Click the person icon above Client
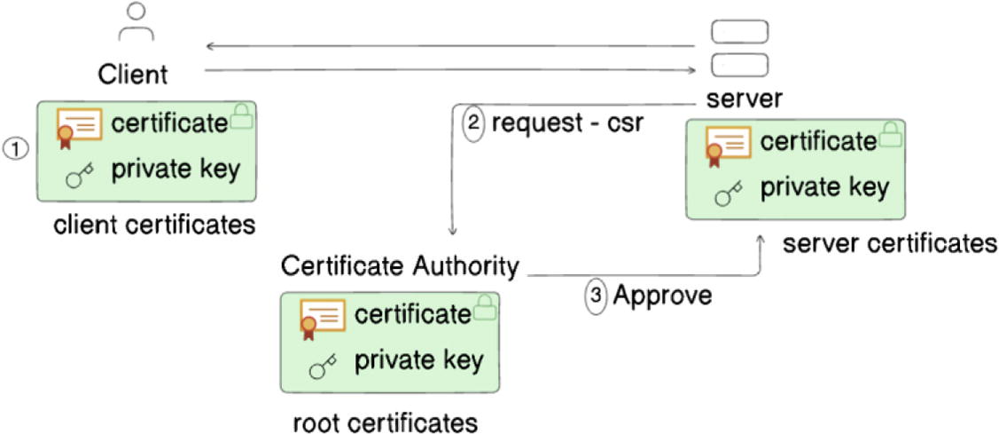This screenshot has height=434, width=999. click(136, 22)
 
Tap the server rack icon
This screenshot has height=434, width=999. click(739, 48)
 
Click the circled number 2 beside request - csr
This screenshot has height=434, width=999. click(474, 122)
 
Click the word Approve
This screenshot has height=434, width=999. click(663, 296)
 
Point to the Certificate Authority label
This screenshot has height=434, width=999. click(398, 264)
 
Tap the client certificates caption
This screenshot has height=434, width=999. click(154, 225)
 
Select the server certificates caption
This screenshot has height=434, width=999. click(889, 243)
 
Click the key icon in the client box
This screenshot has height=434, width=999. click(80, 177)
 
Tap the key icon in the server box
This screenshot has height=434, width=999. click(728, 194)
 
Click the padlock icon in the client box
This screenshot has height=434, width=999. click(242, 118)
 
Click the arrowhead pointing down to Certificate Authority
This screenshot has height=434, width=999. click(453, 233)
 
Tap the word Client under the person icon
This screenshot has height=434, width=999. click(132, 73)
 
